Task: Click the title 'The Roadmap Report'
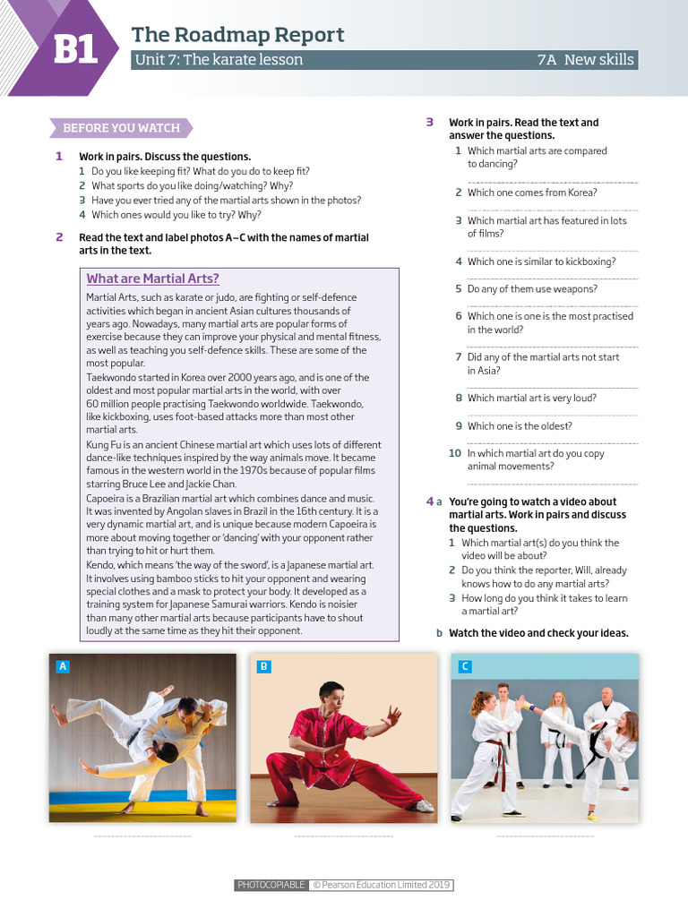237,35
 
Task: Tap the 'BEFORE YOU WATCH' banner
121,128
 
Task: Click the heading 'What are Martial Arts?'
152,279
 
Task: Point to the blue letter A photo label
63,666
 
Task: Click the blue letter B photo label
263,666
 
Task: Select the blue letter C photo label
464,666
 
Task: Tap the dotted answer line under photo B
343,836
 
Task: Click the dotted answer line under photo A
142,836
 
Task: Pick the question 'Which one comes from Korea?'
532,193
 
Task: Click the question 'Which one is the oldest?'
520,426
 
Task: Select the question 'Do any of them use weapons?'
532,289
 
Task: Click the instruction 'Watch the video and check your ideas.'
538,633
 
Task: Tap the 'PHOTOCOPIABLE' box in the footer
271,886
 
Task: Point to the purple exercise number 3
430,123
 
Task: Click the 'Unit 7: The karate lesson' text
219,60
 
